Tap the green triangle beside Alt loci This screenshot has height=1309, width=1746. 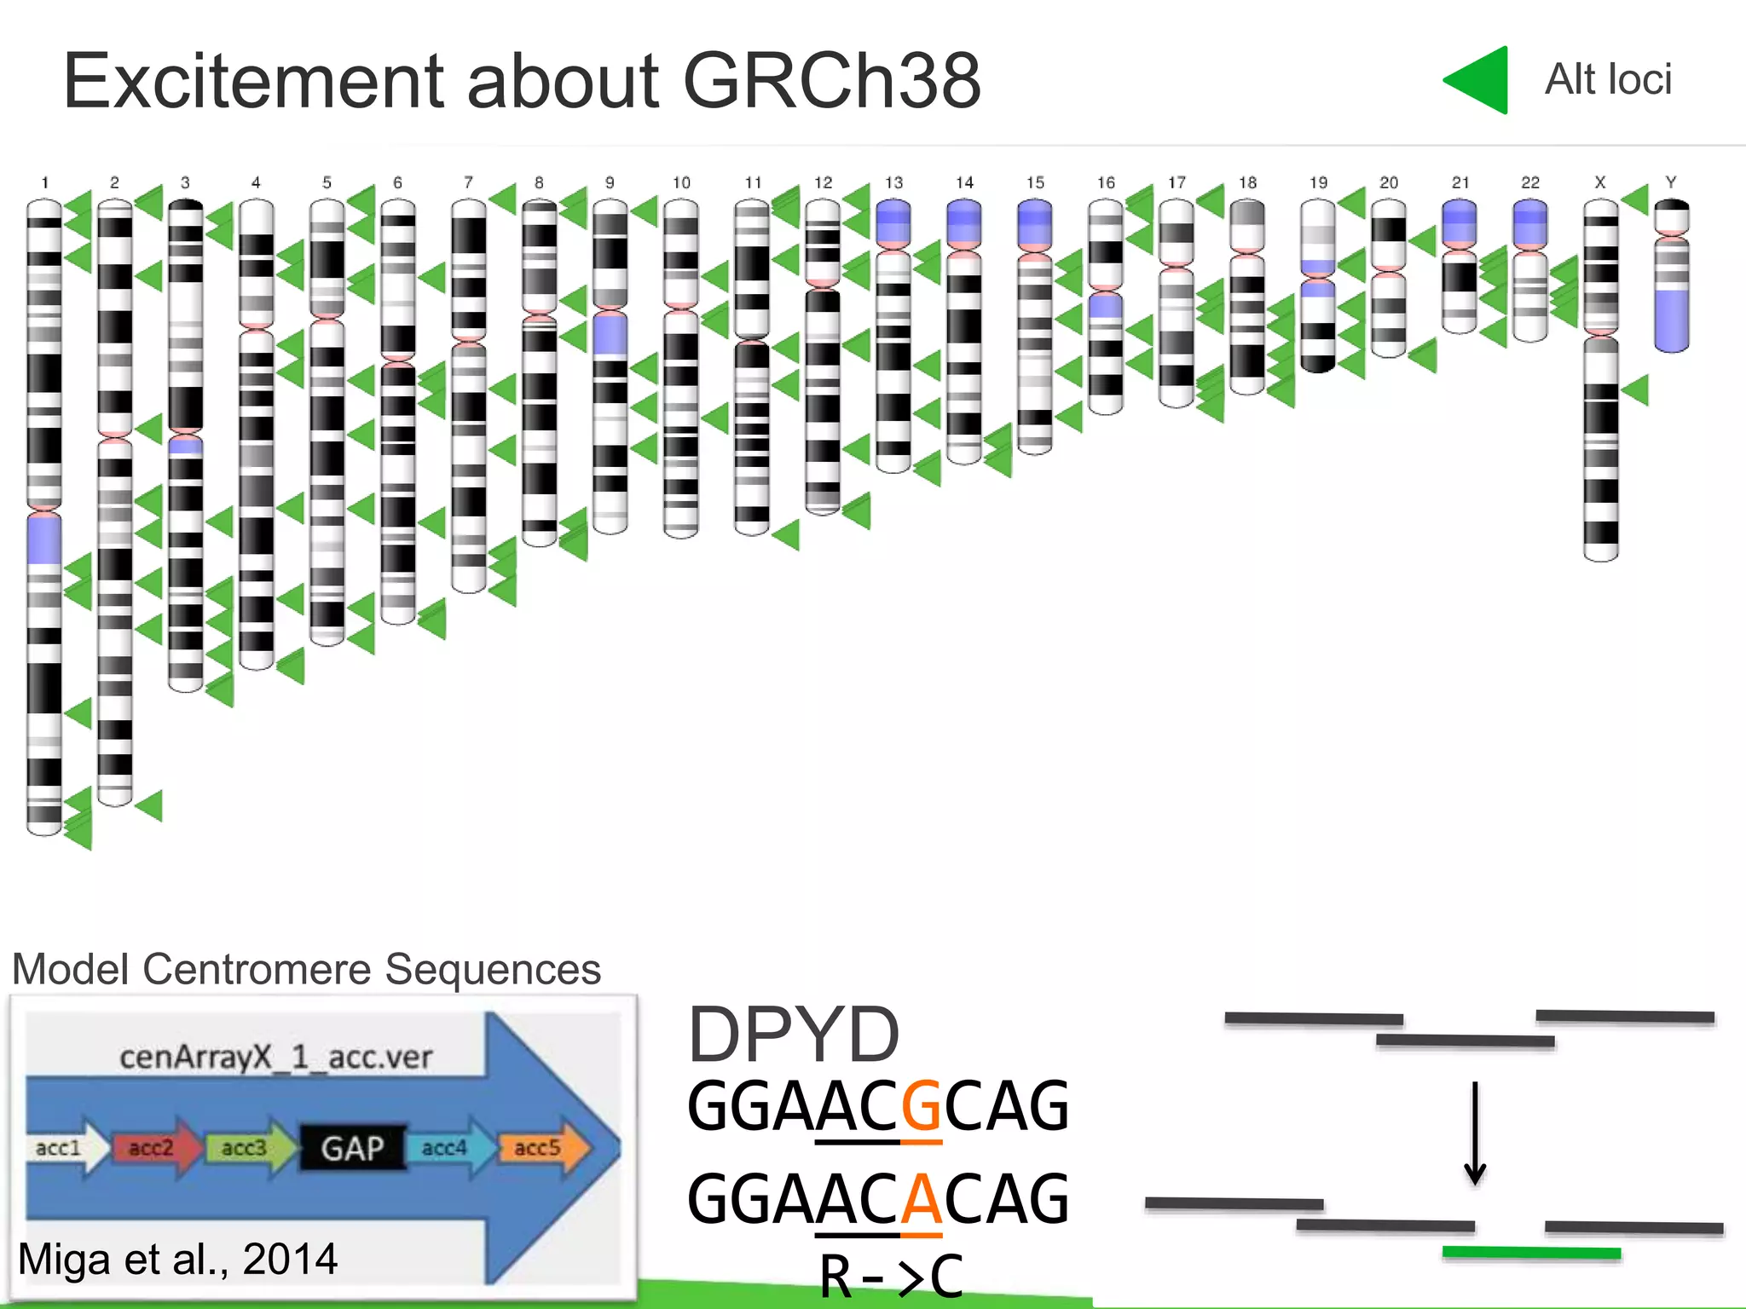pyautogui.click(x=1480, y=80)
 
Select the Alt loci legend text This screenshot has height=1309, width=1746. pyautogui.click(x=1608, y=79)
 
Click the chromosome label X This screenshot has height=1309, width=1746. pyautogui.click(x=1600, y=182)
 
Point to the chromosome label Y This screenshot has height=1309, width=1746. pyautogui.click(x=1671, y=182)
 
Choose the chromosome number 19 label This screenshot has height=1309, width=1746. pyautogui.click(x=1318, y=182)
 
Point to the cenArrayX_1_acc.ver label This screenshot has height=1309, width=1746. pyautogui.click(x=275, y=1058)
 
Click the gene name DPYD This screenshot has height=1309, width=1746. pyautogui.click(x=793, y=1035)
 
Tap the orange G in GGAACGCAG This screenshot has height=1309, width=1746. pyautogui.click(x=921, y=1106)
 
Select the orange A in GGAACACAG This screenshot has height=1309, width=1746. pyautogui.click(x=921, y=1199)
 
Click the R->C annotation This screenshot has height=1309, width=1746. pyautogui.click(x=891, y=1277)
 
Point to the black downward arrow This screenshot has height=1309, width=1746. pyautogui.click(x=1475, y=1133)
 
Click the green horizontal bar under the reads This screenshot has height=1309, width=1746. pyautogui.click(x=1531, y=1253)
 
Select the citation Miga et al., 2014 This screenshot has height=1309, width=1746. pyautogui.click(x=177, y=1259)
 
